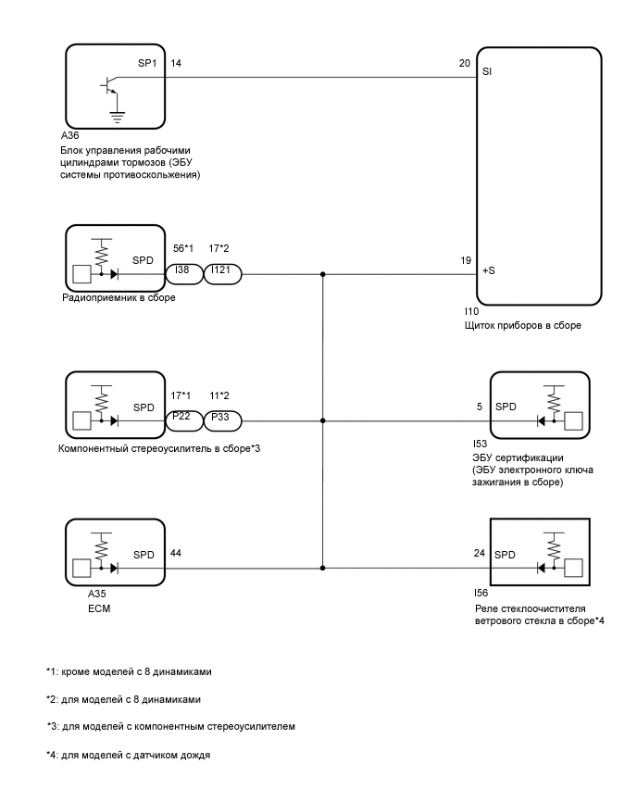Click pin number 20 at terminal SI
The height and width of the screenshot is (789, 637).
(x=465, y=65)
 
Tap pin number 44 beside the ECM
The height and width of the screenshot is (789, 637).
(x=176, y=553)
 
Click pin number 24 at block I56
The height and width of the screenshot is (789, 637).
(x=480, y=553)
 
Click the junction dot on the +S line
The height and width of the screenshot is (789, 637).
(x=322, y=274)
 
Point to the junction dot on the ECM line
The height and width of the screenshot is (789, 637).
(x=322, y=567)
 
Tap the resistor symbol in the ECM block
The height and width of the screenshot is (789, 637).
(x=102, y=546)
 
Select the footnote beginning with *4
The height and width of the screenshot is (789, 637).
(x=129, y=756)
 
